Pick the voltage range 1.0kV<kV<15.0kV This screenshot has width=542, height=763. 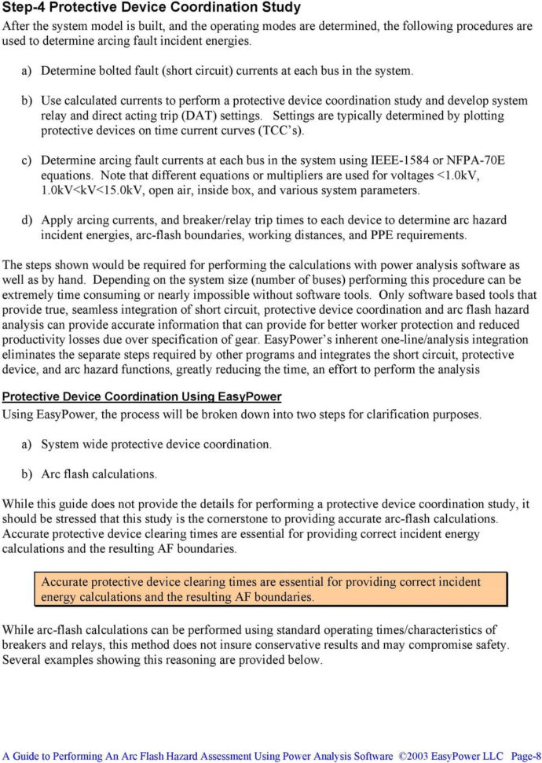point(86,190)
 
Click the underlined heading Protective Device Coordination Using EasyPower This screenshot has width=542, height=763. point(142,396)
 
